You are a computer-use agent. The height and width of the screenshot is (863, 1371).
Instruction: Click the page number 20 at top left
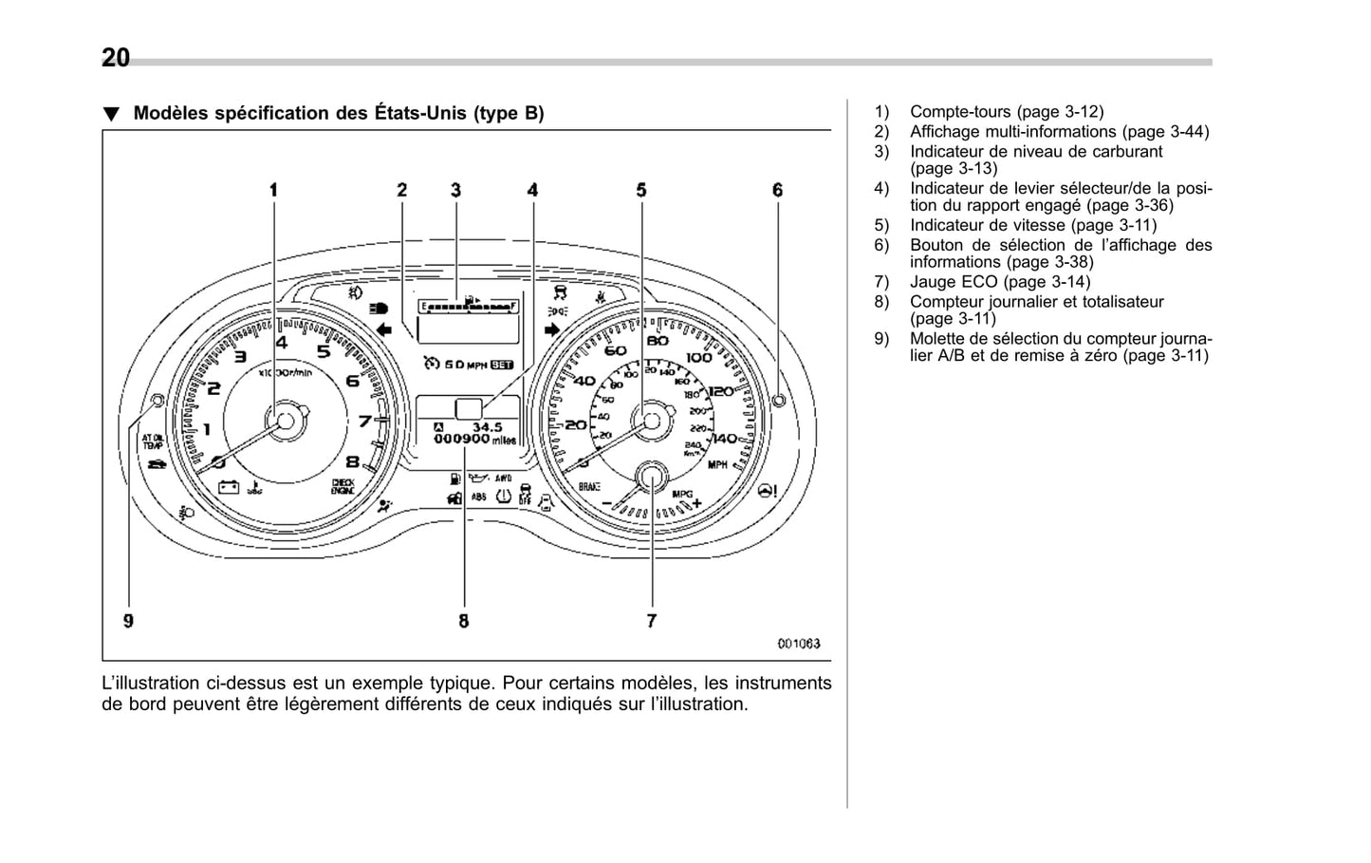click(x=116, y=59)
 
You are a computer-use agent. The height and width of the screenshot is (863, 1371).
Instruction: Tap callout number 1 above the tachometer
click(x=274, y=190)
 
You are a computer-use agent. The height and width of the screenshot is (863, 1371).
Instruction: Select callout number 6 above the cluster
click(x=778, y=190)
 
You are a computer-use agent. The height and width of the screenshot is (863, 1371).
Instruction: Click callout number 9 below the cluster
click(x=128, y=621)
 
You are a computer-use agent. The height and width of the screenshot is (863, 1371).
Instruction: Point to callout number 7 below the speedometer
click(x=652, y=621)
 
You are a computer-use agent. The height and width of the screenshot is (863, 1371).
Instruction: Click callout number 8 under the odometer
click(x=464, y=621)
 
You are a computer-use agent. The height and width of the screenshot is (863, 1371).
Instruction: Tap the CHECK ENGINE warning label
click(x=343, y=486)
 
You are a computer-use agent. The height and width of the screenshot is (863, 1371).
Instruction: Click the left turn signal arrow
click(x=384, y=329)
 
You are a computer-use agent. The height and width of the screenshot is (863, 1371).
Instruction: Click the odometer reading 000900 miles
click(x=474, y=440)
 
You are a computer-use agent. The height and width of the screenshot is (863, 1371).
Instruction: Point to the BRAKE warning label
click(x=590, y=486)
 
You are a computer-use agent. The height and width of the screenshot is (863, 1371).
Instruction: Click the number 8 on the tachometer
click(x=352, y=462)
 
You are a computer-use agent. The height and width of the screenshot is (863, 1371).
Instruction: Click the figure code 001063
click(x=798, y=644)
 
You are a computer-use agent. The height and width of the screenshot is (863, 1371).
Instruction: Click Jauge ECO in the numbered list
click(x=954, y=282)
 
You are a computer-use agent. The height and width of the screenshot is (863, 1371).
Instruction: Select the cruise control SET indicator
click(x=502, y=365)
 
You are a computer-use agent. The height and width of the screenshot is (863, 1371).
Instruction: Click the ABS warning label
click(x=479, y=497)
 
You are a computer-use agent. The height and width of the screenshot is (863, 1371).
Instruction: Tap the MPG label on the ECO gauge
click(x=682, y=495)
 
